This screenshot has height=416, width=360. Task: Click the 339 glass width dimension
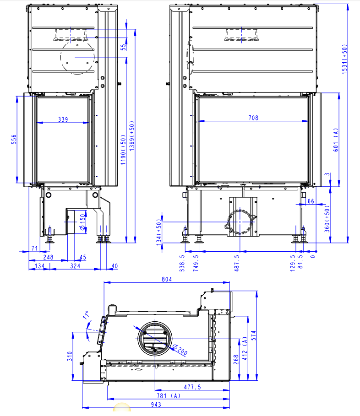tap(63, 119)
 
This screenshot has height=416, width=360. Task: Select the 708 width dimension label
tap(253, 118)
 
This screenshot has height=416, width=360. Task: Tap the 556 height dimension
tap(14, 139)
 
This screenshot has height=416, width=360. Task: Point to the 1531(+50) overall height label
tap(344, 59)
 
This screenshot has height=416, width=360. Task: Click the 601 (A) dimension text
tap(336, 140)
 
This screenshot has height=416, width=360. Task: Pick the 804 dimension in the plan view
tap(167, 279)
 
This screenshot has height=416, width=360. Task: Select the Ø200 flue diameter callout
tap(180, 350)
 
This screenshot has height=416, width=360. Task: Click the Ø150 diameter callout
tap(83, 222)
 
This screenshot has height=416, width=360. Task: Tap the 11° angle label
tap(86, 315)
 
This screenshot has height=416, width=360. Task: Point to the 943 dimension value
tap(156, 404)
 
